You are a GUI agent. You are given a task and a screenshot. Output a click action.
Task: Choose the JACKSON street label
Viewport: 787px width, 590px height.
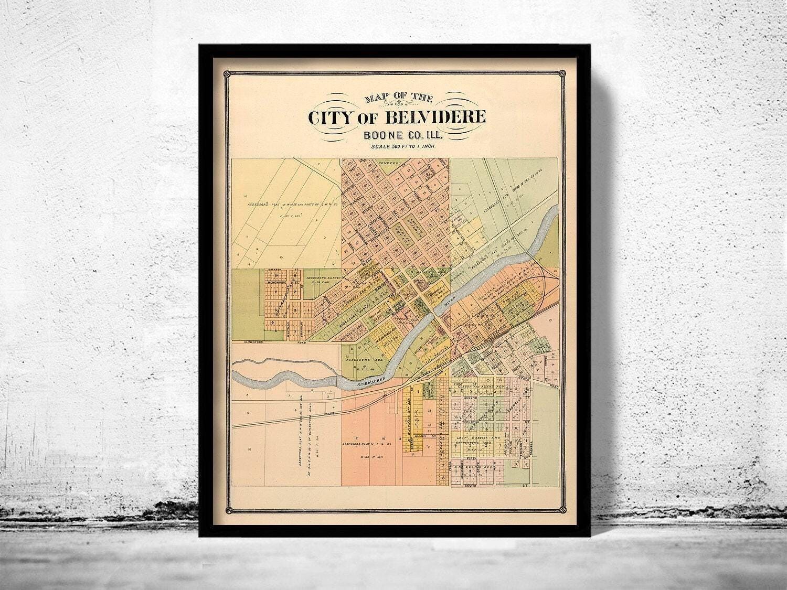(275, 270)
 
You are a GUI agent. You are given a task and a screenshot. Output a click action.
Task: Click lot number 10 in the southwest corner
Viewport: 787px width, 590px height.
(249, 449)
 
